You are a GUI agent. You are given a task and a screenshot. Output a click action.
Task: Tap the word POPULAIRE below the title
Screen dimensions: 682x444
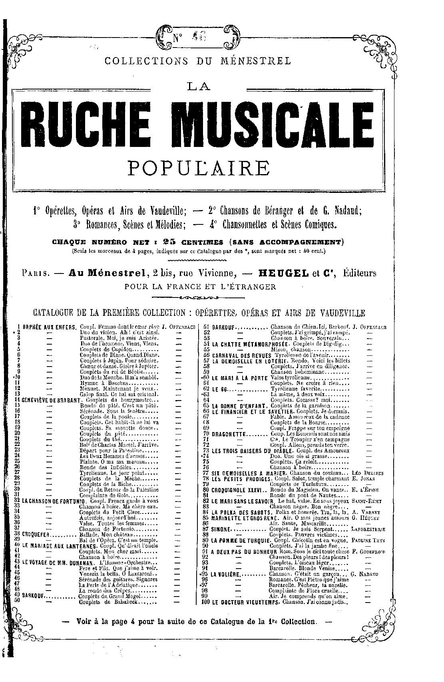199,168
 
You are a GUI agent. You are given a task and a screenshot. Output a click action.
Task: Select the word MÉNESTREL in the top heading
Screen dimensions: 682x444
257,61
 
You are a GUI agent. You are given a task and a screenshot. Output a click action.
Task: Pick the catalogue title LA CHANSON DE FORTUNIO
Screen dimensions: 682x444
53,501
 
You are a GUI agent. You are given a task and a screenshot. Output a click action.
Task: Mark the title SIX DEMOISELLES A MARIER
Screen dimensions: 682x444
245,473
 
